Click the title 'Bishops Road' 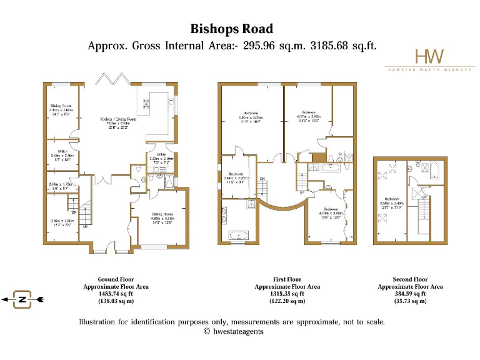coord(232,29)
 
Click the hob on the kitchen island coord(147,104)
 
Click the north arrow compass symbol coord(22,300)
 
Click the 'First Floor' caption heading coord(287,279)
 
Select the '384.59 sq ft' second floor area coord(411,294)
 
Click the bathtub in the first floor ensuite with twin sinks coord(239,236)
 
